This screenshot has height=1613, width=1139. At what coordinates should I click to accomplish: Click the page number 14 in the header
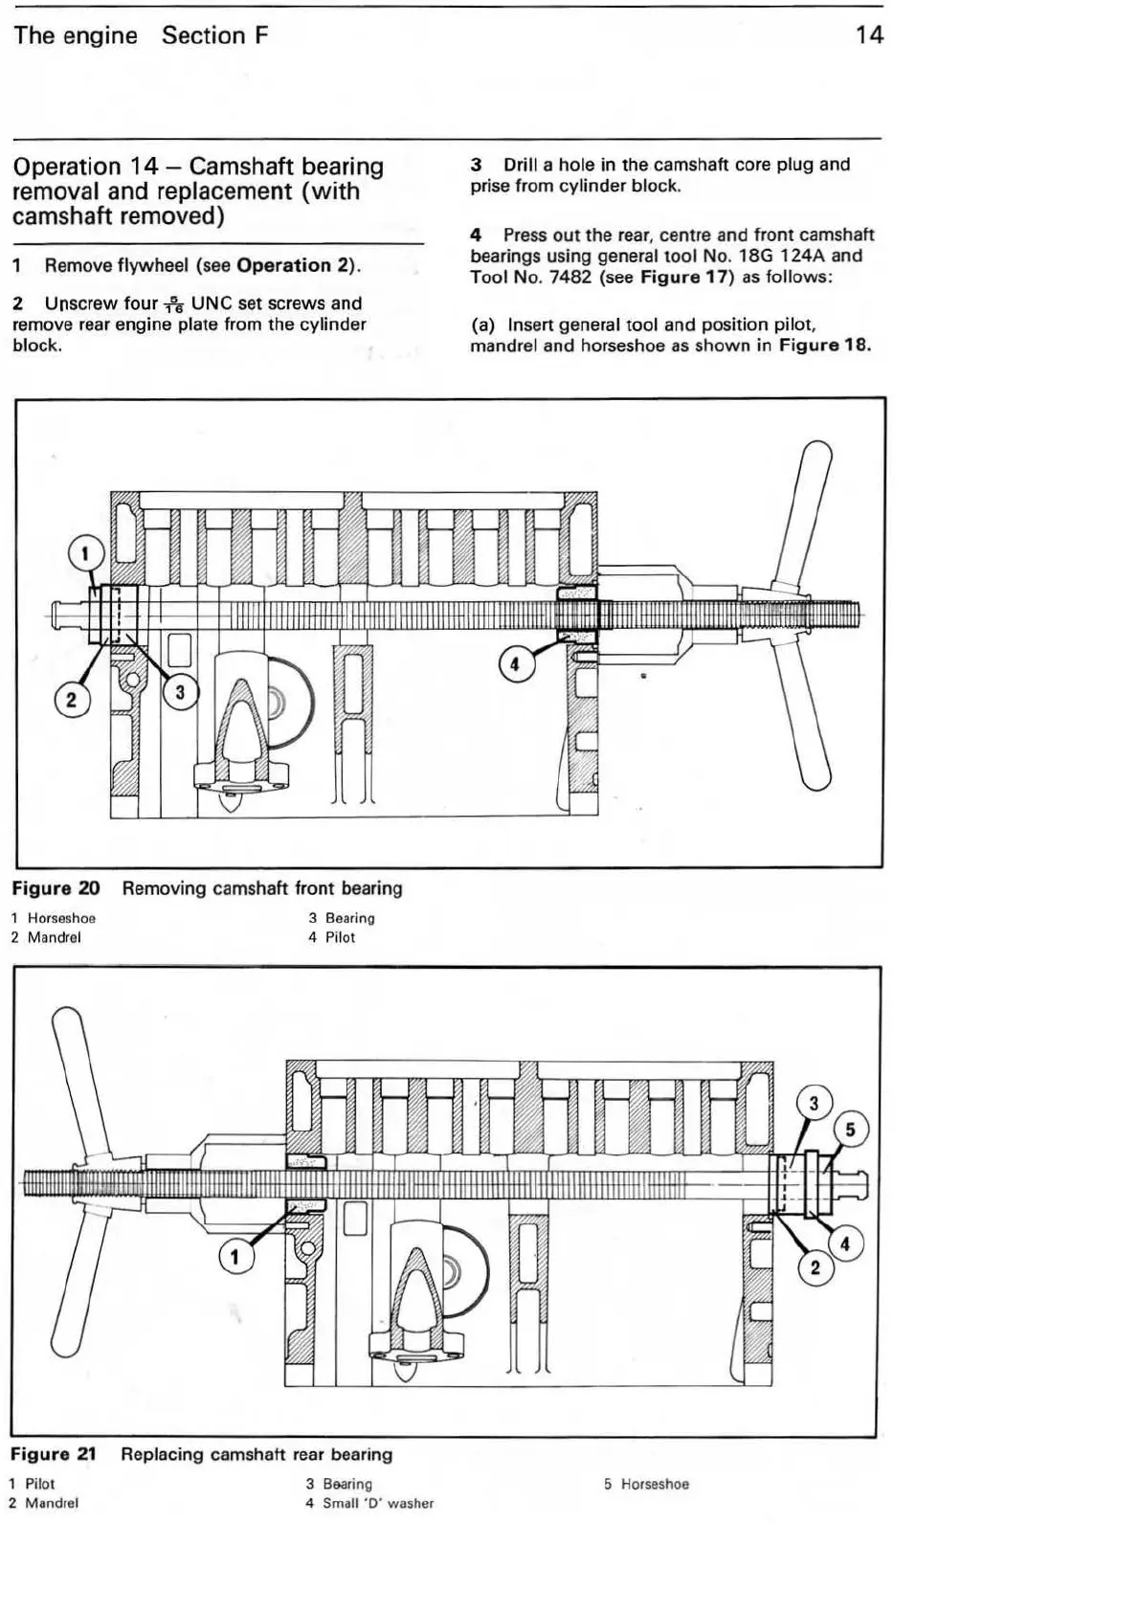pyautogui.click(x=869, y=35)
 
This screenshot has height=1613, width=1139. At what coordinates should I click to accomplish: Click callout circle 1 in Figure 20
pyautogui.click(x=85, y=554)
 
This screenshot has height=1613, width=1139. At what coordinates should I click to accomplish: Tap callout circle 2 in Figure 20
pyautogui.click(x=71, y=700)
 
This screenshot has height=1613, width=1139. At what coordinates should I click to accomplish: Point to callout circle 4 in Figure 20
pyautogui.click(x=516, y=664)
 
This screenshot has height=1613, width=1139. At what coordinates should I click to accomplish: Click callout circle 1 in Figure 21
pyautogui.click(x=236, y=1256)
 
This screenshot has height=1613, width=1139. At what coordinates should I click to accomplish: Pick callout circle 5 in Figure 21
pyautogui.click(x=850, y=1130)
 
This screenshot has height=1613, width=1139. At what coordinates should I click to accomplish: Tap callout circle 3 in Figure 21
pyautogui.click(x=814, y=1104)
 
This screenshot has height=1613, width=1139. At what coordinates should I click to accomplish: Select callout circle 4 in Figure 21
pyautogui.click(x=844, y=1244)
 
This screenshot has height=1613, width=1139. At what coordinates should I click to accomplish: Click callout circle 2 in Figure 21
pyautogui.click(x=815, y=1268)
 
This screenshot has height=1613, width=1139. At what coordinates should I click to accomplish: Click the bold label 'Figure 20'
pyautogui.click(x=56, y=888)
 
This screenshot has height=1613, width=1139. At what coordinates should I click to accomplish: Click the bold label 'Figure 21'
pyautogui.click(x=54, y=1454)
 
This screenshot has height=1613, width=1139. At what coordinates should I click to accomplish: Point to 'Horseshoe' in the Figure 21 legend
pyautogui.click(x=655, y=1484)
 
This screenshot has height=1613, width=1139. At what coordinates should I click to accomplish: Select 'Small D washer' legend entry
pyautogui.click(x=377, y=1503)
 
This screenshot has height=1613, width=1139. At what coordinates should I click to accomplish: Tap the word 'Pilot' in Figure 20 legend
pyautogui.click(x=340, y=937)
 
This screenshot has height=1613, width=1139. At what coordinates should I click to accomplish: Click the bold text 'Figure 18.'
pyautogui.click(x=824, y=346)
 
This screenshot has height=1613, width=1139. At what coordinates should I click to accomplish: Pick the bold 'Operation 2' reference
pyautogui.click(x=296, y=265)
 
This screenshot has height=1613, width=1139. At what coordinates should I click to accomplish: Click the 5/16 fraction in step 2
pyautogui.click(x=173, y=305)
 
